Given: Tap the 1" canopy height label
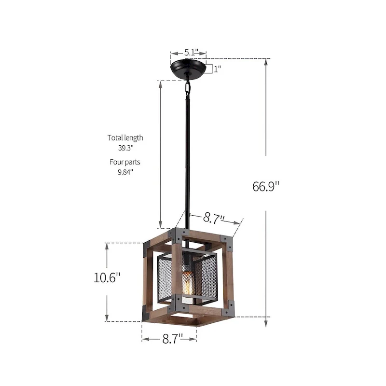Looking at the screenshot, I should [217, 69].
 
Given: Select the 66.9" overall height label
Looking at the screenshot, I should [266, 185].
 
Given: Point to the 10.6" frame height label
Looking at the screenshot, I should [107, 278].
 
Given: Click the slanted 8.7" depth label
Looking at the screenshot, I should [214, 218].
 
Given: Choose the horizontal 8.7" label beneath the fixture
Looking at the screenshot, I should [169, 339].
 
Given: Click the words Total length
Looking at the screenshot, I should [125, 138].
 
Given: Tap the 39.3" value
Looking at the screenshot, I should [125, 148].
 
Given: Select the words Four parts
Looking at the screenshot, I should [125, 162].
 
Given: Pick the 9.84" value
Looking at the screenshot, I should [125, 172].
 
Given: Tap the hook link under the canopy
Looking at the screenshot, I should [187, 87].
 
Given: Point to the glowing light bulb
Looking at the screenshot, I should [188, 286].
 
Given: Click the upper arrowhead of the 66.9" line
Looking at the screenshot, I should [266, 62].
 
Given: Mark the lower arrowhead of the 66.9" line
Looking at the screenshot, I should [266, 324].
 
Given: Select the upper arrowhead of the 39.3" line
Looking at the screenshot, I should [161, 83].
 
